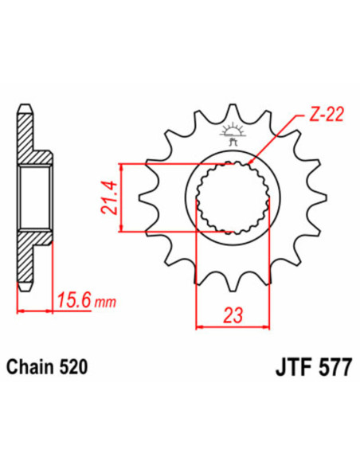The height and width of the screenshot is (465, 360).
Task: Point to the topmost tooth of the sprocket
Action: pos(233,111)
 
